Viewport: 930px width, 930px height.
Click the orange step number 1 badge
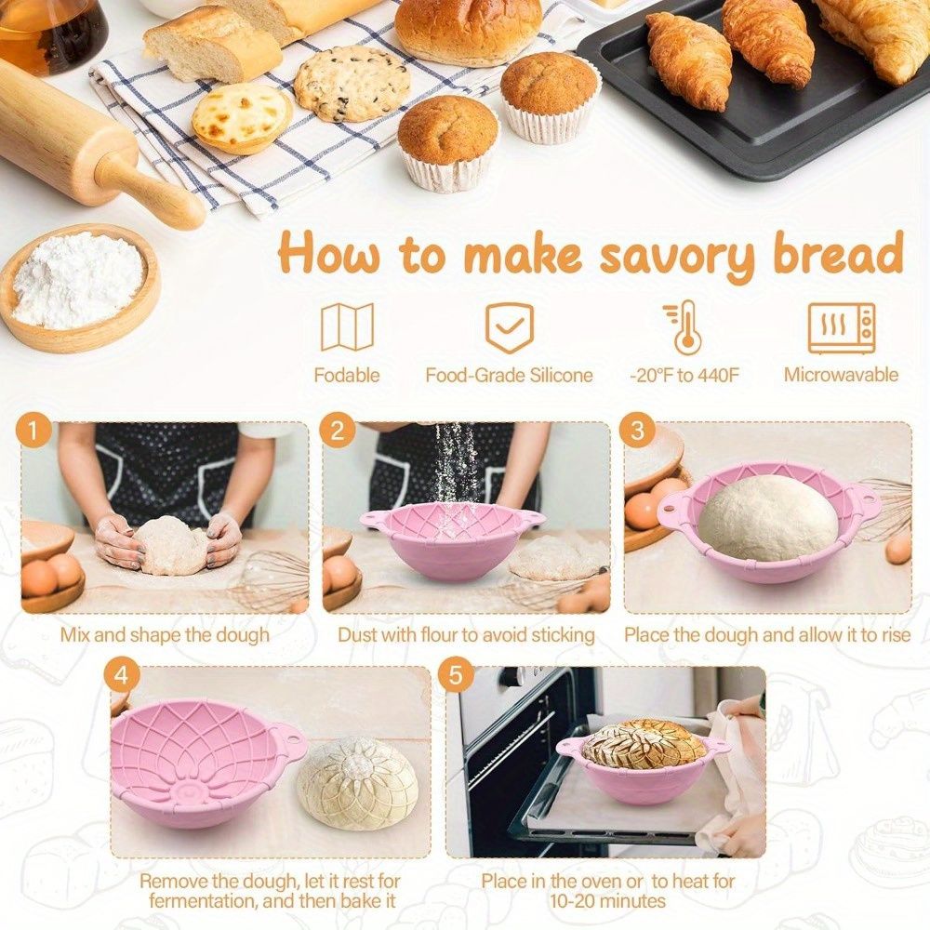click(33, 430)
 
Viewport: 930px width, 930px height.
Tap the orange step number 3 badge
click(637, 430)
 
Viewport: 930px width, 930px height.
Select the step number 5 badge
click(456, 675)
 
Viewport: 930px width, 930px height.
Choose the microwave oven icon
click(842, 328)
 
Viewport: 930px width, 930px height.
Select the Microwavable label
click(841, 375)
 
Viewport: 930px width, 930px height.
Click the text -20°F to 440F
click(684, 376)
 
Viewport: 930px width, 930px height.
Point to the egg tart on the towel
click(242, 118)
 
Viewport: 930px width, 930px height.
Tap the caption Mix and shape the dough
click(165, 635)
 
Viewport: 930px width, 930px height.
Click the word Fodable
click(347, 376)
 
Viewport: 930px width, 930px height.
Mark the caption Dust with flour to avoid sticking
click(466, 635)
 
